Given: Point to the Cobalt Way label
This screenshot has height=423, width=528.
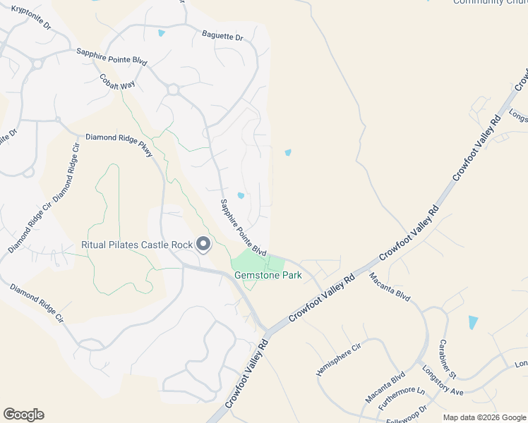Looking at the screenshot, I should click(x=116, y=82).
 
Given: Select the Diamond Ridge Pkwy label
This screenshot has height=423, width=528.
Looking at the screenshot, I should click(x=119, y=145).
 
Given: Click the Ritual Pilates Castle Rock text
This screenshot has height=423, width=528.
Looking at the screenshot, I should click(x=137, y=245).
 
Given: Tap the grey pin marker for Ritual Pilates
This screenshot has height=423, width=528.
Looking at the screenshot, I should click(x=203, y=245).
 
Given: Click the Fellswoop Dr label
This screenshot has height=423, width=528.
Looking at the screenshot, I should click(x=408, y=412).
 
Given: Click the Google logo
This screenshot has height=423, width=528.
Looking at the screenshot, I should click(x=23, y=415).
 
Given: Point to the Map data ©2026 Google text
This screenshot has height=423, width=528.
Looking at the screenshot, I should click(x=484, y=417).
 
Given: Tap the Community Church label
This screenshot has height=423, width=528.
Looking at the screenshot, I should click(x=489, y=2).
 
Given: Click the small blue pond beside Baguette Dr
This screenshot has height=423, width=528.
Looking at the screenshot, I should click(x=162, y=33).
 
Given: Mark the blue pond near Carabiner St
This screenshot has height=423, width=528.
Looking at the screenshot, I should click(x=472, y=322).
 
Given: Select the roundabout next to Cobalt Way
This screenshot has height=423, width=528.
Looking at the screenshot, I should click(x=172, y=90).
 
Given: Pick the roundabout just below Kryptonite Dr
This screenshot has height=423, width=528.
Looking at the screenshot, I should click(x=37, y=63).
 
